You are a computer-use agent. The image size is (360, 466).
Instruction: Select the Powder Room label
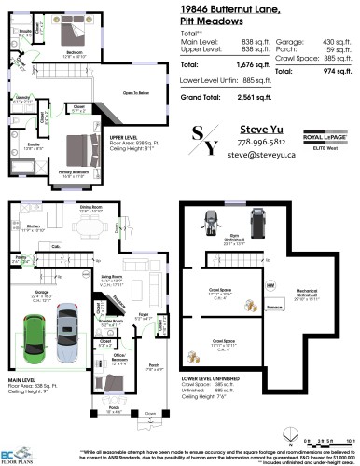(x=105, y=323)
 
